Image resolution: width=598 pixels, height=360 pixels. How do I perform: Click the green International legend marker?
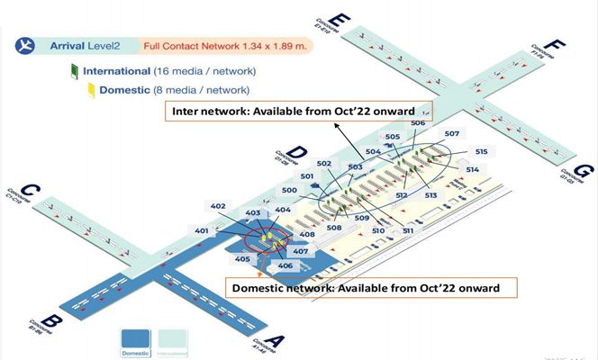tap(75, 70)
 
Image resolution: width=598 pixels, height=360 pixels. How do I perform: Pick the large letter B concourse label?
tap(52, 321)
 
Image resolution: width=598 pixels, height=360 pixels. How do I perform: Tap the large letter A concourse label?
tap(276, 341)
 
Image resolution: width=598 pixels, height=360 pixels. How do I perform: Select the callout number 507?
tap(451, 134)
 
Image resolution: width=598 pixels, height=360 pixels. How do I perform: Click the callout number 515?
tap(482, 152)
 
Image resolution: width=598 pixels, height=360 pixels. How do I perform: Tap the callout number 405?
tap(242, 259)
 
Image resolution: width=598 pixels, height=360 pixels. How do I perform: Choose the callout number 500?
tap(289, 191)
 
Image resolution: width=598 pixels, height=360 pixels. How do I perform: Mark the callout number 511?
tap(407, 231)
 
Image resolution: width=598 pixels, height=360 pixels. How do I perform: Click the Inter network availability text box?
tap(298, 112)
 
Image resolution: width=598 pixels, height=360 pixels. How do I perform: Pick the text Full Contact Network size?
tap(225, 45)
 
